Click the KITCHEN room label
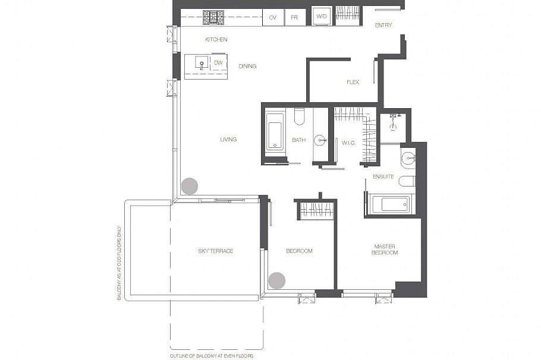[x=216, y=40]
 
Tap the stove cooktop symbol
[x=213, y=17]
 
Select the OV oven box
[x=273, y=17]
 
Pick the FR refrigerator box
[x=294, y=17]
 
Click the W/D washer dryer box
[x=322, y=16]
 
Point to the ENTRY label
[x=383, y=25]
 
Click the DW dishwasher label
[x=218, y=63]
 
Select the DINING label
[x=247, y=66]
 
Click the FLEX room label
[x=353, y=82]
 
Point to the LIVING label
[x=228, y=140]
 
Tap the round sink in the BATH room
[x=320, y=140]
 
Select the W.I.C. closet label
[x=348, y=143]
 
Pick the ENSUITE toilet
[x=407, y=181]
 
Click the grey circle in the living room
[x=190, y=186]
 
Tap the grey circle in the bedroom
[x=277, y=280]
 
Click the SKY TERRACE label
[x=216, y=251]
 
